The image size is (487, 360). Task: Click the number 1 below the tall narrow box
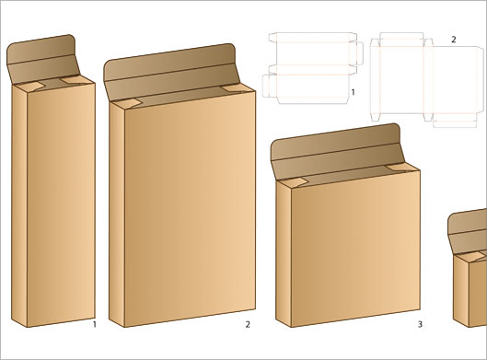(x=95, y=325)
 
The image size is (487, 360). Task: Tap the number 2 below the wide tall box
(x=248, y=325)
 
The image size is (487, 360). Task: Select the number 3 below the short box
(x=420, y=325)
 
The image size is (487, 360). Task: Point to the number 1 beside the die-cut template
(x=353, y=92)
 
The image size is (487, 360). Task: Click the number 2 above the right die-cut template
(x=454, y=40)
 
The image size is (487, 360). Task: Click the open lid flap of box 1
(x=42, y=59)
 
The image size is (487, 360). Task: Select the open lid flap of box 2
(x=171, y=72)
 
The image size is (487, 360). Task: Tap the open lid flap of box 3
(x=337, y=151)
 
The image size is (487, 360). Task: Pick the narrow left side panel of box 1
(x=19, y=206)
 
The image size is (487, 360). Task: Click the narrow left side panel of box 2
(x=117, y=215)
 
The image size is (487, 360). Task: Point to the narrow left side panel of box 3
(x=284, y=254)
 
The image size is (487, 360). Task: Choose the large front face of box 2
(x=190, y=209)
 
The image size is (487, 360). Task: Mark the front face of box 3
(x=355, y=249)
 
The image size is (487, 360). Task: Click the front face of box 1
(x=61, y=205)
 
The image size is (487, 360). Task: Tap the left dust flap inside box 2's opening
(x=127, y=104)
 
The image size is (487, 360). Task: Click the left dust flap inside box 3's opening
(x=293, y=183)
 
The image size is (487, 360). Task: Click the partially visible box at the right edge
(x=468, y=269)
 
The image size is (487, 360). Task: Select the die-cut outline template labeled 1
(x=313, y=68)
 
